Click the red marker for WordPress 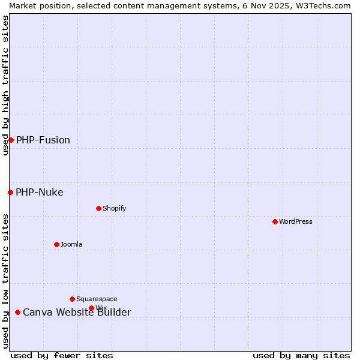point(275,221)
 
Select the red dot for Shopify point(98,208)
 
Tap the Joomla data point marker point(56,244)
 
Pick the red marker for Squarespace point(72,299)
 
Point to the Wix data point point(91,308)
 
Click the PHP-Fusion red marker point(11,140)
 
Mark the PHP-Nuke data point point(10,192)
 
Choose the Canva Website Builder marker point(17,312)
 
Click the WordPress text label point(296,221)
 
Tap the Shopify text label point(114,208)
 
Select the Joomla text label point(71,244)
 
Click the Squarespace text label point(97,299)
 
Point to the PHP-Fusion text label point(43,140)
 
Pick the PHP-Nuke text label point(40,192)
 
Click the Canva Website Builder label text point(77,312)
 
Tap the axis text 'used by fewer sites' point(62,355)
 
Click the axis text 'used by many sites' point(301,355)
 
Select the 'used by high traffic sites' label point(5,85)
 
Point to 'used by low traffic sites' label point(5,281)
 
